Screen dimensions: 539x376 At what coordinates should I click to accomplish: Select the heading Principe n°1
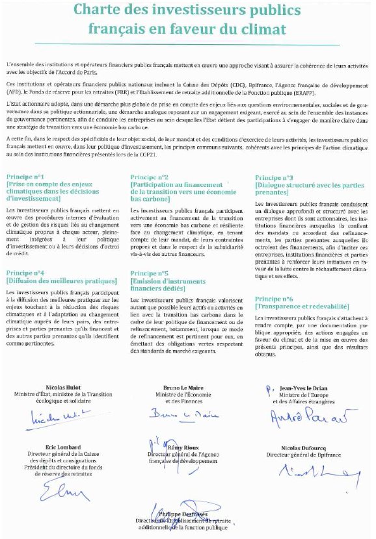pyautogui.click(x=25, y=177)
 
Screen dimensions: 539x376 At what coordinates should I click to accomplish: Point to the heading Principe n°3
pyautogui.click(x=274, y=177)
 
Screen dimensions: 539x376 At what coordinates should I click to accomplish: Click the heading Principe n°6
pyautogui.click(x=274, y=298)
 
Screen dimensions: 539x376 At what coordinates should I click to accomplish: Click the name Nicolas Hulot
pyautogui.click(x=64, y=388)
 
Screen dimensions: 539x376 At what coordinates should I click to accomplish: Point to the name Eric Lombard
pyautogui.click(x=64, y=447)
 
